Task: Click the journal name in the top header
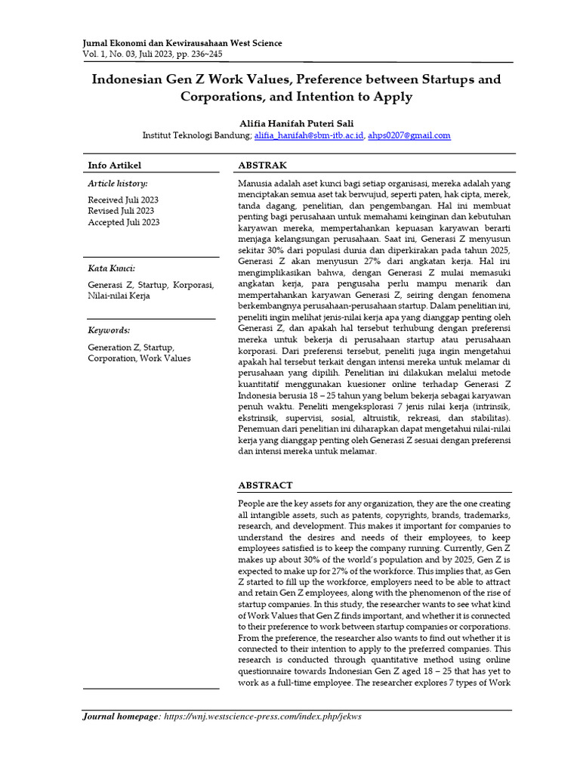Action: tap(182, 43)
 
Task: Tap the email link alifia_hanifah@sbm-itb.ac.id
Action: tap(309, 135)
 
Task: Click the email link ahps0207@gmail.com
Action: tap(409, 135)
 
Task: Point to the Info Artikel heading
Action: tap(115, 165)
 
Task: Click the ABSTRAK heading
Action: tap(262, 165)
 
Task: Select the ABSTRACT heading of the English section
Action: tap(265, 485)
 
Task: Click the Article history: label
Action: tap(118, 184)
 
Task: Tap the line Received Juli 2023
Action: tap(123, 200)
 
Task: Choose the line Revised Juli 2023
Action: tap(121, 211)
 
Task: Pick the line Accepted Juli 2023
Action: tap(124, 222)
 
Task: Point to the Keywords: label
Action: tap(109, 330)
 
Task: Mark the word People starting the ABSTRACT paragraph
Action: tap(251, 503)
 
